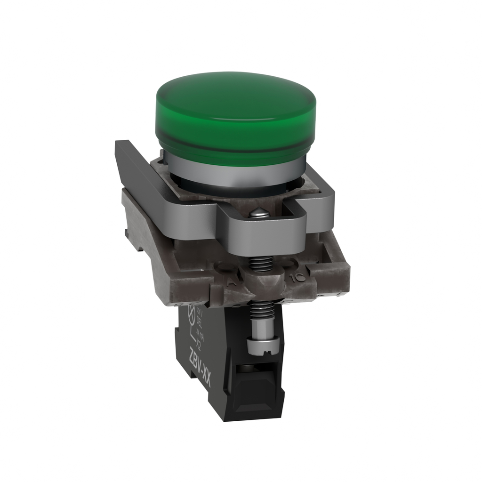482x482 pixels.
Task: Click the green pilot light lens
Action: pyautogui.click(x=235, y=118)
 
